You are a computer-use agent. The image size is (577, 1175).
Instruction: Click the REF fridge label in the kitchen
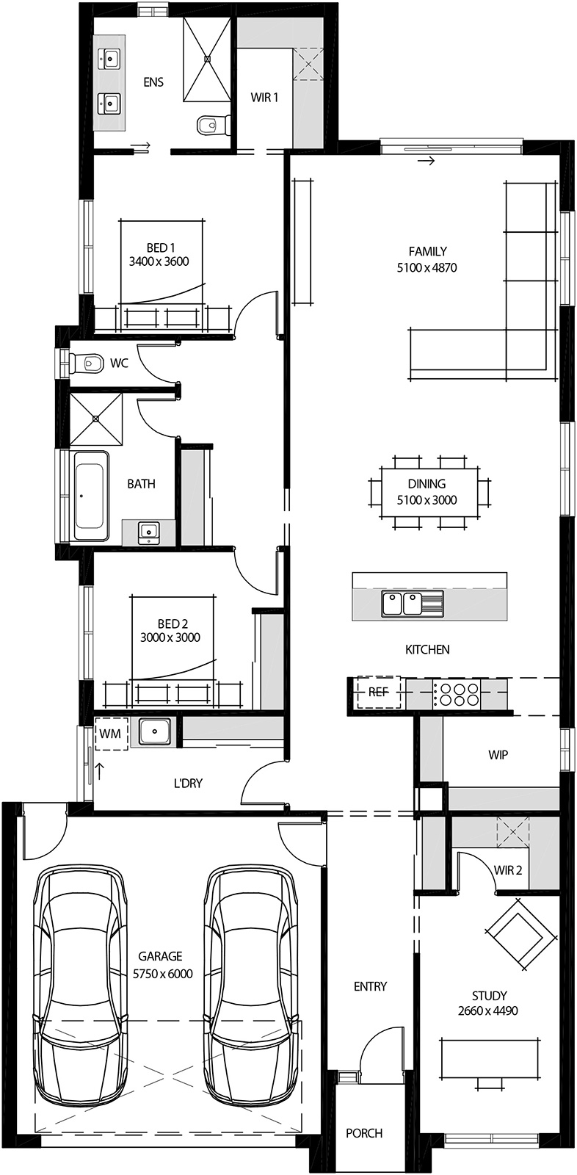[378, 692]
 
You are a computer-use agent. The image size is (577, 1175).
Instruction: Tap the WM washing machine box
[111, 734]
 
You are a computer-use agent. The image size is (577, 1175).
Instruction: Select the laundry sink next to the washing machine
[154, 731]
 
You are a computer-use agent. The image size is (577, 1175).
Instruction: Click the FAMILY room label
[427, 251]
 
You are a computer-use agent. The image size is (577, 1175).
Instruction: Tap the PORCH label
[364, 1133]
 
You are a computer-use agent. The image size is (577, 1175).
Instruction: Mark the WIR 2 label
[508, 870]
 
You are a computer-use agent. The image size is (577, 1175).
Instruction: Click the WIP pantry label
[498, 754]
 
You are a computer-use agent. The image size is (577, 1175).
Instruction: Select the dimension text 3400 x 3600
[159, 261]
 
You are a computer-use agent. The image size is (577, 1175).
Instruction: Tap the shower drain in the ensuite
[207, 58]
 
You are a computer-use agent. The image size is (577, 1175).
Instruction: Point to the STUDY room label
[489, 996]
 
